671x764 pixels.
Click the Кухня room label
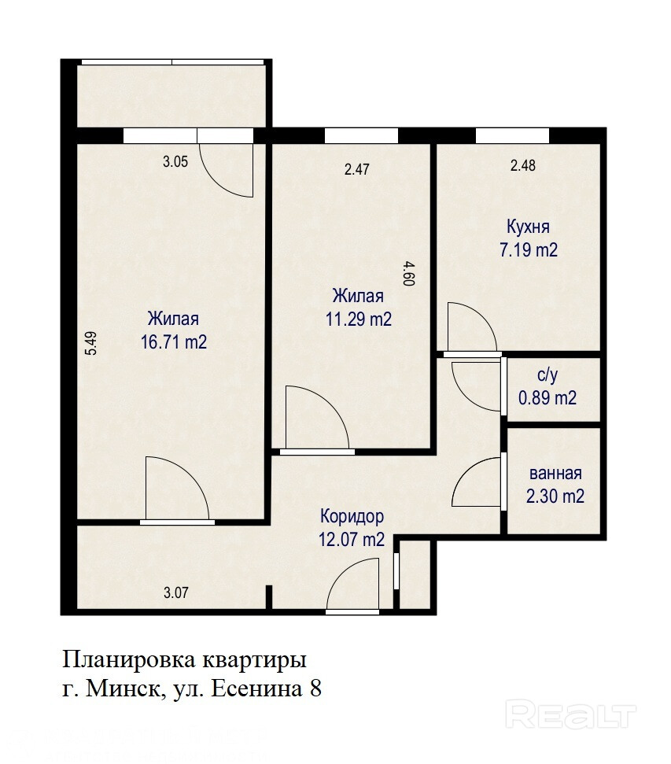click(528, 227)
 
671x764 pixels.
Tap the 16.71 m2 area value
click(174, 342)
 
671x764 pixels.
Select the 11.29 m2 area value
click(359, 319)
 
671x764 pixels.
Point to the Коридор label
click(352, 516)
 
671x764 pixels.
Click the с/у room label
click(547, 375)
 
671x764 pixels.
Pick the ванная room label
click(555, 474)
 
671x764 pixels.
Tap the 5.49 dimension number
click(91, 344)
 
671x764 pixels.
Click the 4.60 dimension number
click(409, 273)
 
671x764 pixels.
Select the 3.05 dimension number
click(175, 162)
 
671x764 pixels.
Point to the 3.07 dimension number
click(176, 593)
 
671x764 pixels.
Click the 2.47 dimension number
click(356, 170)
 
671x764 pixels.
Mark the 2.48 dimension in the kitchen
click(523, 166)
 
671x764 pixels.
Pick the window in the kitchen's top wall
click(512, 135)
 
